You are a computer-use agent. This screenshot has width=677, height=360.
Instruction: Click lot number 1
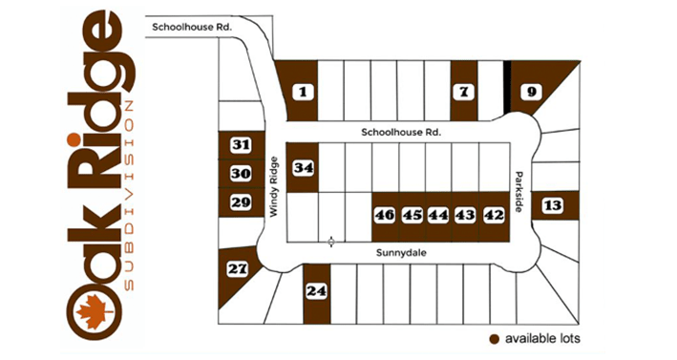[x=304, y=93]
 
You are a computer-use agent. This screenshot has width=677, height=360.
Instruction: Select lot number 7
[x=464, y=93]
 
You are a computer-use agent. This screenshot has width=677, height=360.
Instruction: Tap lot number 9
[x=532, y=93]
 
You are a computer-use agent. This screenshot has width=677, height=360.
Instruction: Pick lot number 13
[x=552, y=205]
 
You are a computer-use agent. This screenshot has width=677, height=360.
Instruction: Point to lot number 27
[x=236, y=270]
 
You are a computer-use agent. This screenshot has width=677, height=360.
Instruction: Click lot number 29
[x=241, y=202]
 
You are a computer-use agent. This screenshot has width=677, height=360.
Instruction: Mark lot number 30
[x=241, y=174]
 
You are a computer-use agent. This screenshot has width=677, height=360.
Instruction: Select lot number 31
[x=241, y=145]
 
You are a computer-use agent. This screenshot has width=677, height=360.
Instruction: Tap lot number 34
[x=304, y=168]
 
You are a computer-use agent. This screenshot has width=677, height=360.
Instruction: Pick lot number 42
[x=493, y=215]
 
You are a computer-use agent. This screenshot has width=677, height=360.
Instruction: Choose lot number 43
[x=465, y=215]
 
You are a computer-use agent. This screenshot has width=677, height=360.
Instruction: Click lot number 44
[x=438, y=215]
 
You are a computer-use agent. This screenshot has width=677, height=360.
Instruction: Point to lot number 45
[x=412, y=215]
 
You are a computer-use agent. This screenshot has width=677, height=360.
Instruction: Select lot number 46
[x=385, y=215]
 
